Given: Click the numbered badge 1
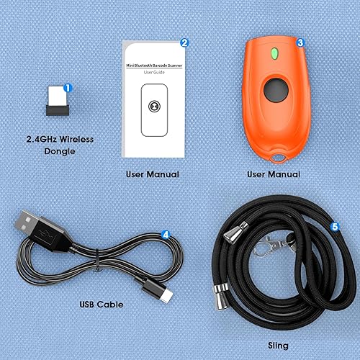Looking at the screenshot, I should pos(68,88).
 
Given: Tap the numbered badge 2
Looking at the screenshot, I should pos(185,42).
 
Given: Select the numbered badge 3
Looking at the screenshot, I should pos(300,42).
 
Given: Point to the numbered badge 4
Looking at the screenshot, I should pos(166,234).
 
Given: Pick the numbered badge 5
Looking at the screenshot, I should pos(334,226).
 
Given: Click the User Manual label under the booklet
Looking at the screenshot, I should pos(152,174).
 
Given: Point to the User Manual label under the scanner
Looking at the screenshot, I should pos(274,174).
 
